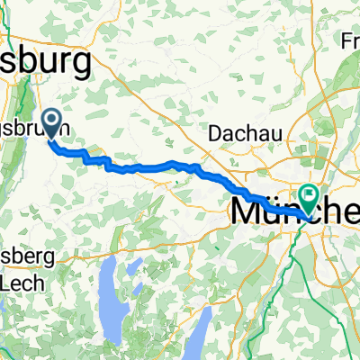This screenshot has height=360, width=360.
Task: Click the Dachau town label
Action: [246, 132]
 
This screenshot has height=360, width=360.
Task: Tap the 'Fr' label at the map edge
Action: [351, 40]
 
